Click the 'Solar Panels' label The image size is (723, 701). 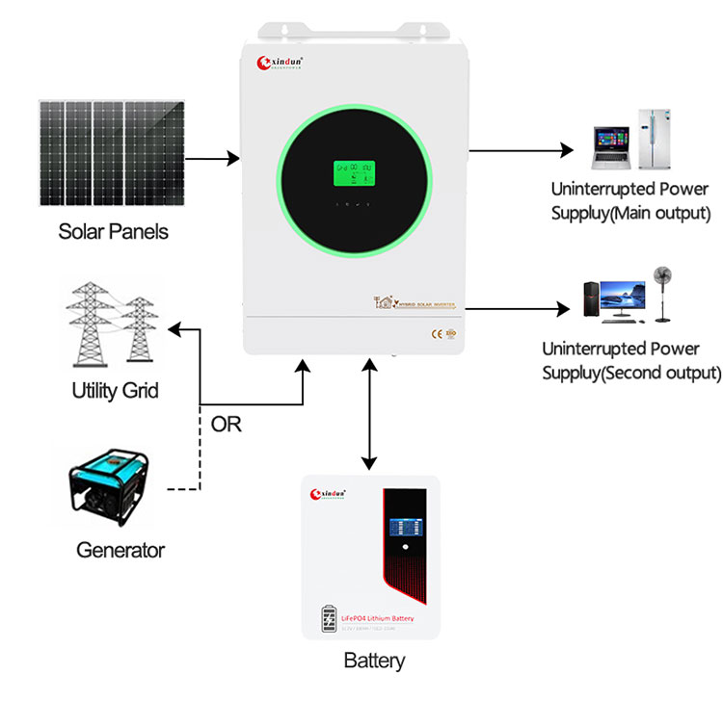(113, 231)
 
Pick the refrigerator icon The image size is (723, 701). (655, 134)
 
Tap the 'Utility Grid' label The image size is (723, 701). (115, 391)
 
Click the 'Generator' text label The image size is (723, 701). (120, 551)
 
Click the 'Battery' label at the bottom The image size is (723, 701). (374, 662)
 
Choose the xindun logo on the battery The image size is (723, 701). (334, 495)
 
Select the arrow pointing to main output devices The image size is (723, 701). (521, 150)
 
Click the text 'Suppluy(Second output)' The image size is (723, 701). (630, 372)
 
